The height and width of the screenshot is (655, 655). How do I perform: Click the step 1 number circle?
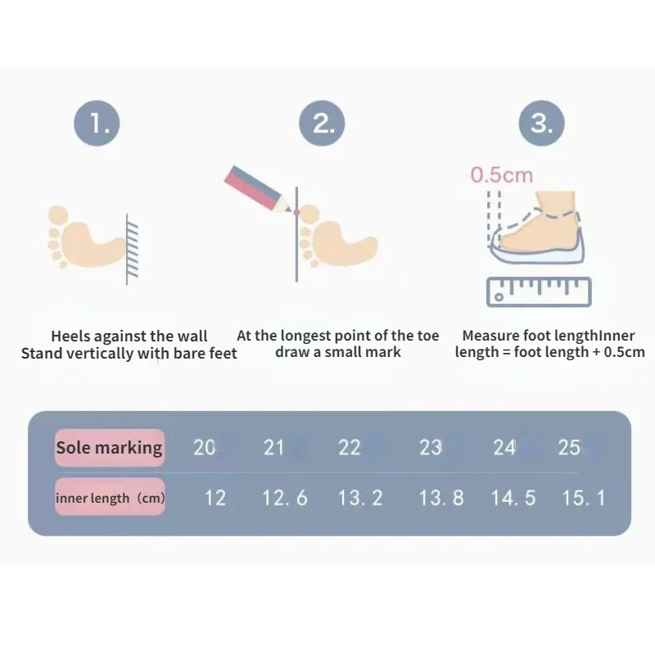point(97,124)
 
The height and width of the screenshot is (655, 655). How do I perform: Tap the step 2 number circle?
point(323,124)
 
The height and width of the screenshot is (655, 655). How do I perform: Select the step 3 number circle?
point(541,124)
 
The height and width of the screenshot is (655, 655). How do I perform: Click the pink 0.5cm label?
point(501,174)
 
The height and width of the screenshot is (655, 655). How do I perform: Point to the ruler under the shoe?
point(538,291)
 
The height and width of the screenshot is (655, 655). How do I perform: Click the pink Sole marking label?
point(110,448)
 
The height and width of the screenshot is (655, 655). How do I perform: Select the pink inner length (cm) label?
point(110,497)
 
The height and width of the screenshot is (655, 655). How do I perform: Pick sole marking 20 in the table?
point(205,448)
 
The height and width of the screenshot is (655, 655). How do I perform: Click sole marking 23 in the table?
point(431,448)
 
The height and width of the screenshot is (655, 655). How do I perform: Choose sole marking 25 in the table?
point(569,448)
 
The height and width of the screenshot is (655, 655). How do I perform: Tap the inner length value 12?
point(215,497)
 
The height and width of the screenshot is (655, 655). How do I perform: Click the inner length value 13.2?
point(360,497)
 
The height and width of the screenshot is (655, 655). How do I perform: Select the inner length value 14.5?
point(513,497)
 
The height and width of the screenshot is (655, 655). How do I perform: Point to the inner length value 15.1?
point(584,497)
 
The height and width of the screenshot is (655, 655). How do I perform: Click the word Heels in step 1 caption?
point(70,337)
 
